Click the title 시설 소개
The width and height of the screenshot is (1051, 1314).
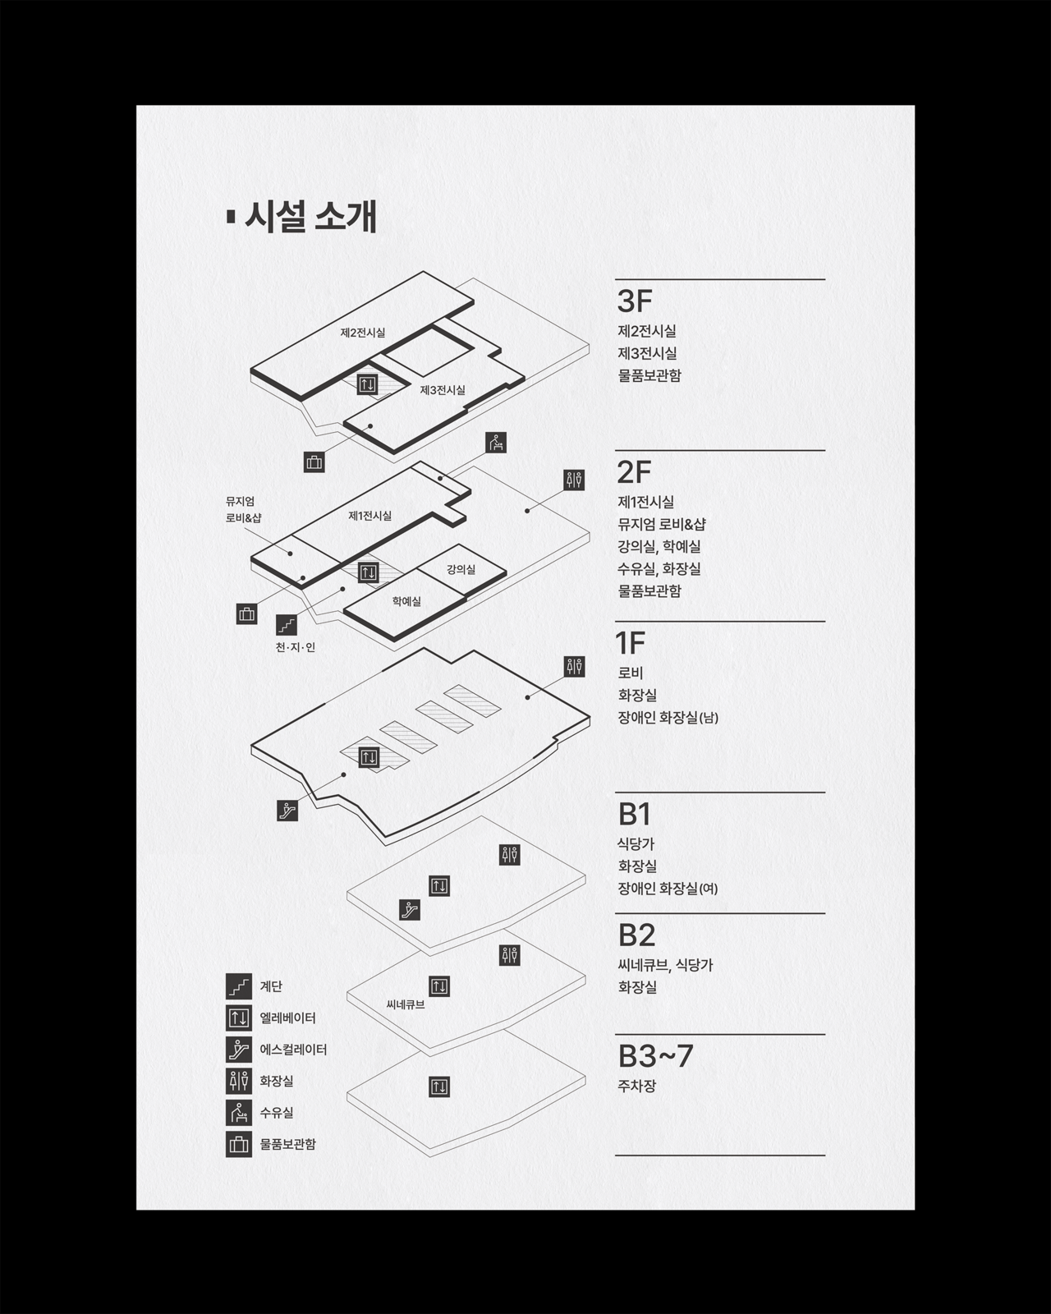coord(310,218)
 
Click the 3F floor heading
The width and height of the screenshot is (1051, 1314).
coord(635,301)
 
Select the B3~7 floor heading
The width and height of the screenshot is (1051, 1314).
coord(655,1056)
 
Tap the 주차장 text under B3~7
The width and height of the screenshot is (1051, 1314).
coord(637,1087)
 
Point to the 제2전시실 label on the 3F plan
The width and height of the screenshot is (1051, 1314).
coord(362,333)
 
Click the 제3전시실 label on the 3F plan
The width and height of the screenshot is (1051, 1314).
coord(442,390)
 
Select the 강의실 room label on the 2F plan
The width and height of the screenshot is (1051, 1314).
coord(461,569)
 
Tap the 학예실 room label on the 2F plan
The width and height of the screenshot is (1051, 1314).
coord(406,601)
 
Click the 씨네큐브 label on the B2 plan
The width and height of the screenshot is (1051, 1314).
coord(406,1004)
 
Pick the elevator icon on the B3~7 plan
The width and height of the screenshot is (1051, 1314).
coord(439,1087)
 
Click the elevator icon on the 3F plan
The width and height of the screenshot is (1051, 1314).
coord(367,384)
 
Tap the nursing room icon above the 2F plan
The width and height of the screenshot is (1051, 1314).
coord(496,443)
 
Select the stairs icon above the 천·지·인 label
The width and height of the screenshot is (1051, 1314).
coord(287,625)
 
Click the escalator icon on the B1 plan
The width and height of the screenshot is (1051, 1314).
coord(410,910)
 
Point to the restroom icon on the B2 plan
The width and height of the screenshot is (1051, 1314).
coord(510,955)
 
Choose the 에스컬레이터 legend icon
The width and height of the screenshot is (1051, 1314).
coord(238,1050)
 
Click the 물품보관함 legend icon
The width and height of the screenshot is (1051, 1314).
coord(238,1144)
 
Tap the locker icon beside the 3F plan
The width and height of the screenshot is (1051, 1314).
coord(314,462)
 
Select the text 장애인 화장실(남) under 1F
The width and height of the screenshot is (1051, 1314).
coord(668,718)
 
